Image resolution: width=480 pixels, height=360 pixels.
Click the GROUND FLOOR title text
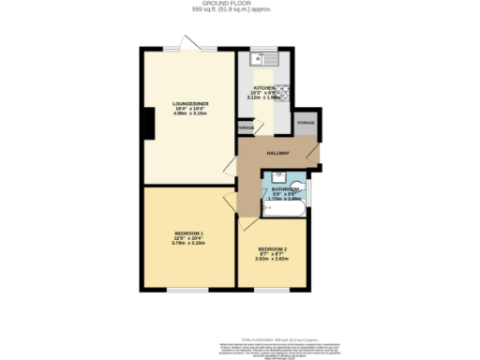pos(239,4)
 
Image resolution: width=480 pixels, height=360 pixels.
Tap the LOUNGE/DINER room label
pos(187,104)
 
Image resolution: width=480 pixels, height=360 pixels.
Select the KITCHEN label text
pos(262,87)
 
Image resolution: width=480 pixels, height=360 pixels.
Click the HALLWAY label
pos(277,153)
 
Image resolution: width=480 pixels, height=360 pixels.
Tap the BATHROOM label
pos(283,188)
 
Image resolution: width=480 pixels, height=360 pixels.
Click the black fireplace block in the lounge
pos(146,122)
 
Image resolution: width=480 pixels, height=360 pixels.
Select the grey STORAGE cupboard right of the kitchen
pos(306,123)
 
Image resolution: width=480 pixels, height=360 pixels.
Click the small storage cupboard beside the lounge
pos(245,127)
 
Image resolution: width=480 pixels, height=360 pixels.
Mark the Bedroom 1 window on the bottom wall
pos(187,288)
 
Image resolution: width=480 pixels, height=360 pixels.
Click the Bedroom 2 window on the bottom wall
pos(277,288)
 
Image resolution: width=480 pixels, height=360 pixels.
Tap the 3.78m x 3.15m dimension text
pos(187,242)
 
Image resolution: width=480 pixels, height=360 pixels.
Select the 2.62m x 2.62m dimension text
pos(273,261)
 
